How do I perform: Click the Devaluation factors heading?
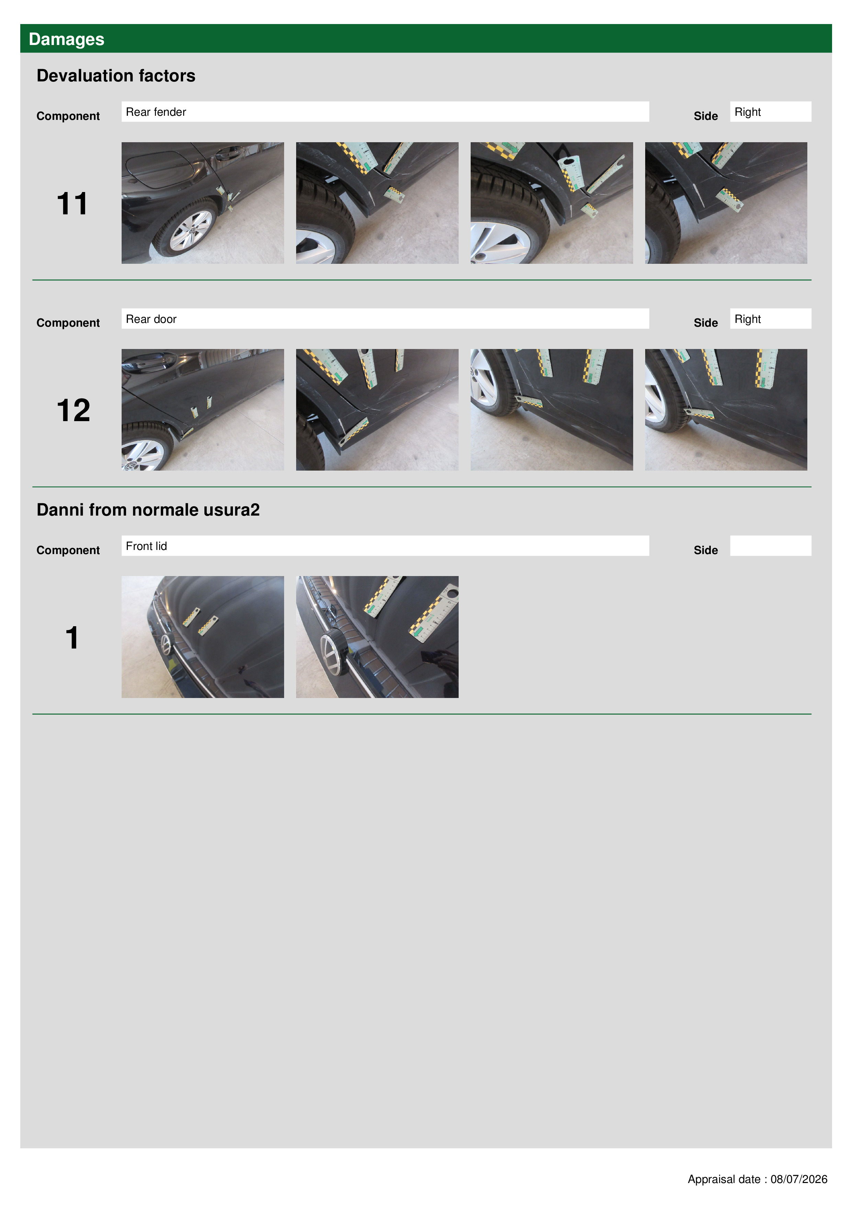click(x=116, y=76)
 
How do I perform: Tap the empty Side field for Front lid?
click(x=770, y=546)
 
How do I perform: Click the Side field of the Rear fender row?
click(x=770, y=112)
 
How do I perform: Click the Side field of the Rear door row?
click(x=770, y=318)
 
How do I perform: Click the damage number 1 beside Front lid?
click(x=72, y=638)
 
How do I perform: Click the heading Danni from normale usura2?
click(x=148, y=510)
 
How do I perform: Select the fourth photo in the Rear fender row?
click(x=726, y=203)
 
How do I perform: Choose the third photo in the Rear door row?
click(x=552, y=410)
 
